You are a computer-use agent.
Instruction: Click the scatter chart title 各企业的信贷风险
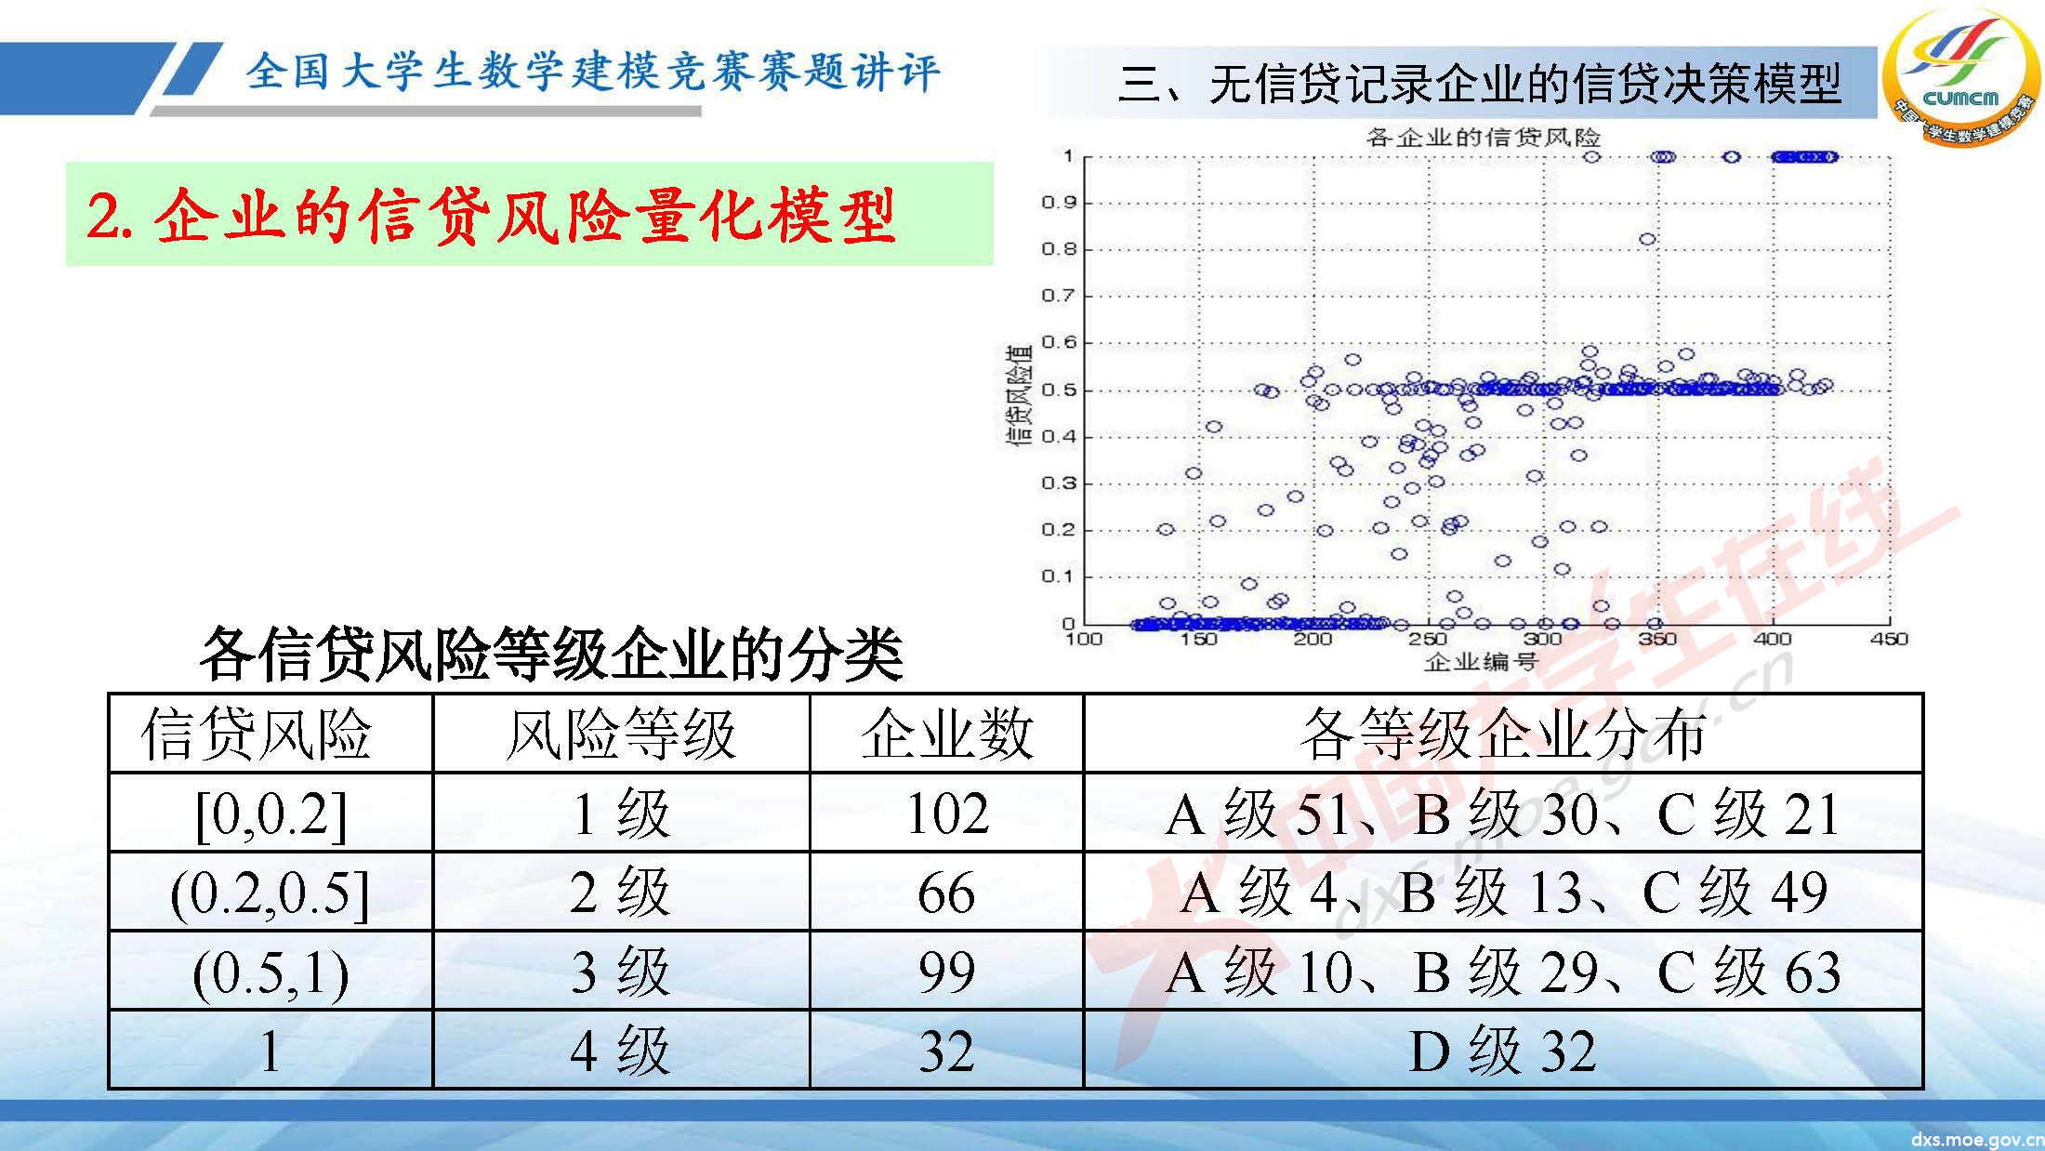coord(1483,138)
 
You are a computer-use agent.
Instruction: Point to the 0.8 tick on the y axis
coord(1058,249)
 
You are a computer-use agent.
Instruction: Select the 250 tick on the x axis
coord(1427,639)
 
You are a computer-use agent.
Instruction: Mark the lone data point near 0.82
coord(1647,239)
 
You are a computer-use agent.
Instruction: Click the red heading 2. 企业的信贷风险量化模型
coord(491,216)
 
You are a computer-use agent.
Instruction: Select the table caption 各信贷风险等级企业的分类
coord(551,655)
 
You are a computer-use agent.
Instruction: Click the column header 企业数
coord(946,734)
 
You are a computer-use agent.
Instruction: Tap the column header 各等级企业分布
coord(1502,734)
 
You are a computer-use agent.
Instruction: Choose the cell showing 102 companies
coord(946,814)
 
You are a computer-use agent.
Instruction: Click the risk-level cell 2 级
coord(620,893)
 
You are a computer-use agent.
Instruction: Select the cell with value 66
coord(946,893)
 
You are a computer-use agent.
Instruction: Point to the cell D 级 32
coord(1502,1051)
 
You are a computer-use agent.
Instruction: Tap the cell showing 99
coord(946,972)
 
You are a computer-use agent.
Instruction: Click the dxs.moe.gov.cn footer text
coord(1976,1139)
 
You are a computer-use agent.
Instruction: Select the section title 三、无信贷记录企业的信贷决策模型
coord(1478,84)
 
